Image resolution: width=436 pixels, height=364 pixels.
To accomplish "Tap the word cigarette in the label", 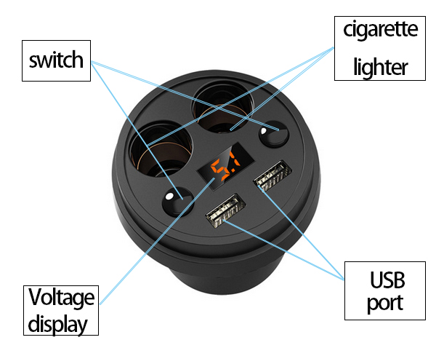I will (x=380, y=29).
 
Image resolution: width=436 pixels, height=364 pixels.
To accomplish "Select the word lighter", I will (x=380, y=67).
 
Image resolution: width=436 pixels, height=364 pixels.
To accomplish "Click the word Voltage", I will (x=62, y=297).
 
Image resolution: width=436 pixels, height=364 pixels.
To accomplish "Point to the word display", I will (x=62, y=324).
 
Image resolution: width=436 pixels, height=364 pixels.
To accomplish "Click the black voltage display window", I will (x=225, y=170).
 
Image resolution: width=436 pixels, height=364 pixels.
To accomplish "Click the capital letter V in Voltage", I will (x=35, y=297).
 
